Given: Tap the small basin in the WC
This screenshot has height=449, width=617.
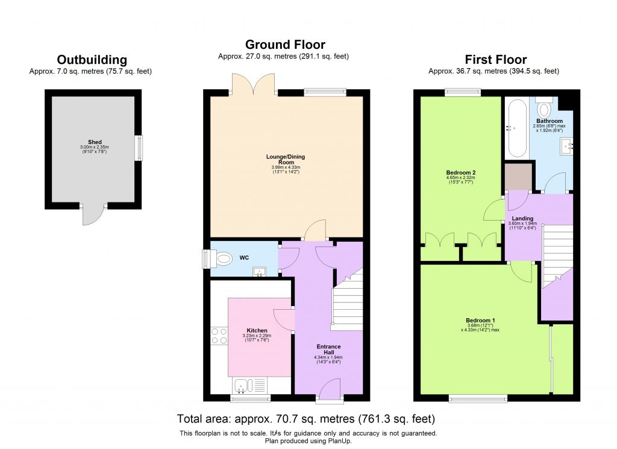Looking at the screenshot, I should tap(261, 272).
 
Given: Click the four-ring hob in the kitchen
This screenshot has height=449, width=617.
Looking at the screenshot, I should tap(218, 336).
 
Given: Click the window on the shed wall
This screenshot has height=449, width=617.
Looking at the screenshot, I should tap(140, 148).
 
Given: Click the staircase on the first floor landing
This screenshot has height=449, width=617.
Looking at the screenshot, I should tap(557, 253).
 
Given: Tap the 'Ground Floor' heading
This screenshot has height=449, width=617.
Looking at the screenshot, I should tap(285, 45).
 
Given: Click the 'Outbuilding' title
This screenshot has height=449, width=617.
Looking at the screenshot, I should tap(92, 60).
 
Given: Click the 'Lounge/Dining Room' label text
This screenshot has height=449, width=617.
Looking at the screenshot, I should tap(283, 159).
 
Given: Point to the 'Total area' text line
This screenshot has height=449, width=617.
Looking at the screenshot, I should tap(306, 418).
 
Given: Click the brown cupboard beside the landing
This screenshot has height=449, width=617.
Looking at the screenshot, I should tap(519, 176).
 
